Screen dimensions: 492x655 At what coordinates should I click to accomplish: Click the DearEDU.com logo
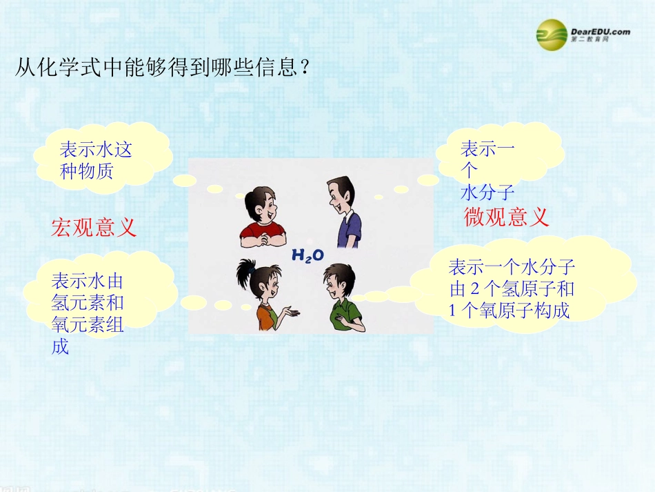[583, 32]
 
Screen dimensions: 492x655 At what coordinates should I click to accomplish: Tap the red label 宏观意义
[94, 226]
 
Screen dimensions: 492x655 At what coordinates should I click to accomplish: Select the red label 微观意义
[507, 217]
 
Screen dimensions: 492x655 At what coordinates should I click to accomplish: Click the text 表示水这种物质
[95, 160]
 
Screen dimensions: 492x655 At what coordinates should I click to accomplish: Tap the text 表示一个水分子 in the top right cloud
[487, 170]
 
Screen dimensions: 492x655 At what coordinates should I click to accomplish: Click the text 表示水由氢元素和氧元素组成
[87, 313]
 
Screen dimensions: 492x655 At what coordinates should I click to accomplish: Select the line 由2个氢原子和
[512, 288]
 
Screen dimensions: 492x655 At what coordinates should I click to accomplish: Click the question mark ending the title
[304, 68]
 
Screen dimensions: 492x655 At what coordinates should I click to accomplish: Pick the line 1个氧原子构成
[510, 311]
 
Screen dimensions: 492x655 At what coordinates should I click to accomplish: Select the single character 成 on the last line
[61, 346]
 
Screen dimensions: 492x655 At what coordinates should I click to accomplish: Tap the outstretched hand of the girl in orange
[293, 314]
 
